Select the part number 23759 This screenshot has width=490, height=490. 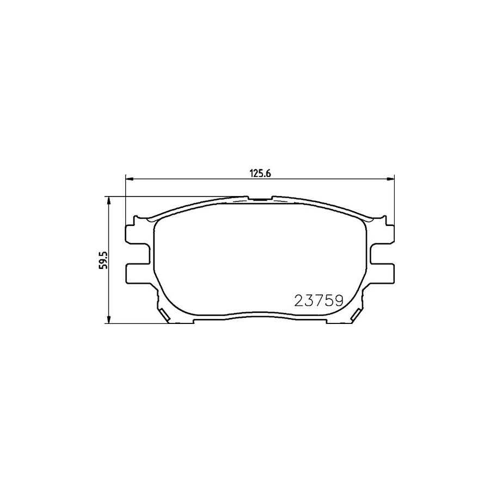(x=318, y=300)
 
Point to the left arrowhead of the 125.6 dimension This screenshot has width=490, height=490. (x=129, y=178)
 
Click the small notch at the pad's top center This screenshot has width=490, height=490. (x=261, y=199)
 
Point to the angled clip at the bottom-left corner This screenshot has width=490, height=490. (x=165, y=314)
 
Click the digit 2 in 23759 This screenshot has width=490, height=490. (x=299, y=300)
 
